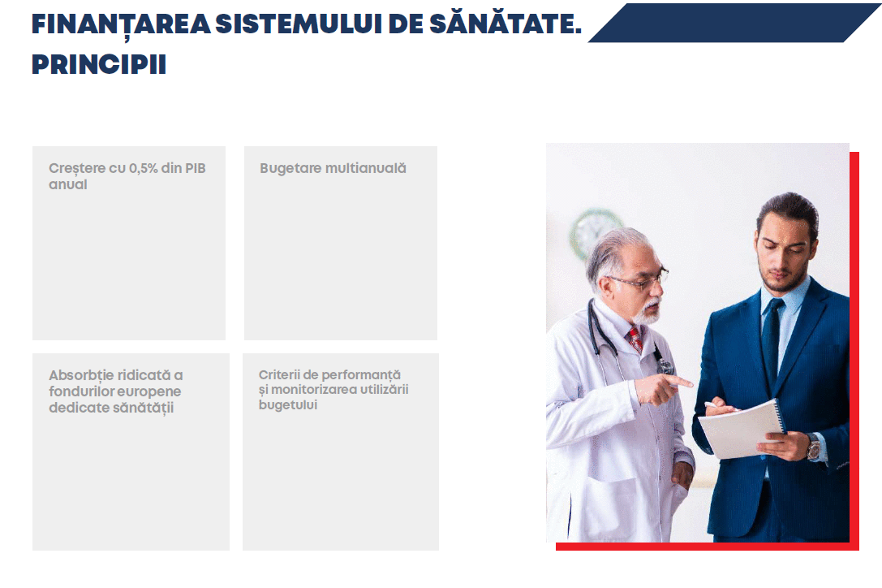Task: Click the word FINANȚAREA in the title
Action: [x=121, y=25]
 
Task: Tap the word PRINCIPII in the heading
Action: [x=99, y=64]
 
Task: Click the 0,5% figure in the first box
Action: [x=144, y=168]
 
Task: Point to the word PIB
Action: [x=196, y=168]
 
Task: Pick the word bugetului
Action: [x=288, y=405]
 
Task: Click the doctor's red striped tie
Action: [x=635, y=339]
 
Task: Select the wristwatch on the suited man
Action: [x=813, y=447]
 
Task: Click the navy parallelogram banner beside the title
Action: [x=734, y=23]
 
